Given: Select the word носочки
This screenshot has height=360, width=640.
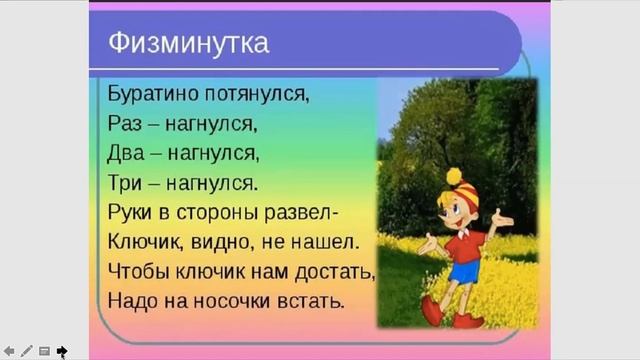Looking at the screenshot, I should click(232, 300).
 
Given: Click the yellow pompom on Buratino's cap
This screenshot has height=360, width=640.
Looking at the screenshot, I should click(453, 176).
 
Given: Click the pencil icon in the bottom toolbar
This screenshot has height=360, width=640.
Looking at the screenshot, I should click(27, 351).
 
